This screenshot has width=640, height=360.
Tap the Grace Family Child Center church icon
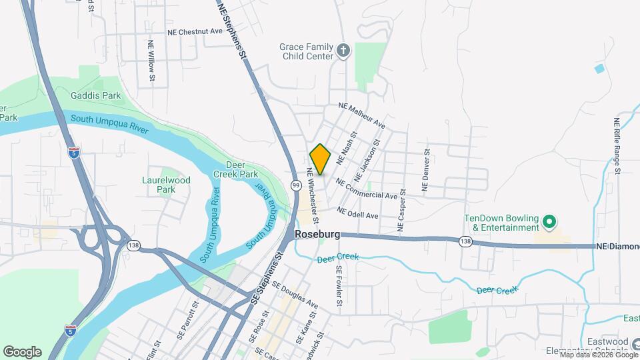(x=343, y=51)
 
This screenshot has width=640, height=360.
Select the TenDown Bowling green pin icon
(x=549, y=221)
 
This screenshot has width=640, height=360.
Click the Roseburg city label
(x=318, y=235)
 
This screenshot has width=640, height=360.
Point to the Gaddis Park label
(x=97, y=95)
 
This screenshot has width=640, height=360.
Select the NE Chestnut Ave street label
(x=195, y=31)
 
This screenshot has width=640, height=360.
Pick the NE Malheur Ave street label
(x=362, y=115)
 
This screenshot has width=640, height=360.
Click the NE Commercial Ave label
(x=367, y=189)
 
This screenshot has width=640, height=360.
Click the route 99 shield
(x=295, y=184)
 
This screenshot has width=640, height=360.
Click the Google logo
(x=22, y=352)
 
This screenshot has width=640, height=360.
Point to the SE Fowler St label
(x=339, y=286)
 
